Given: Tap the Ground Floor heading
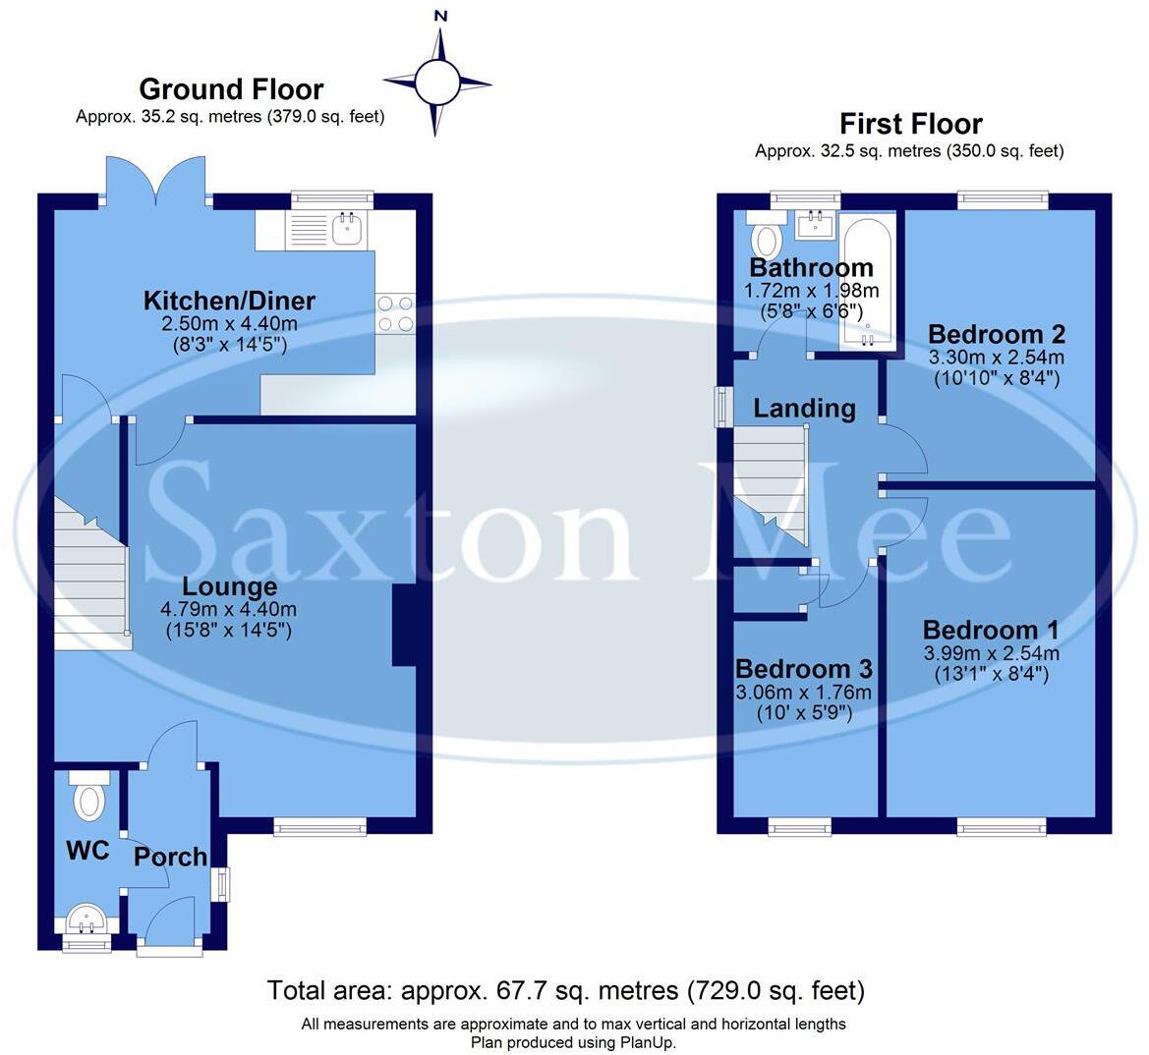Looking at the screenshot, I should pos(231,89).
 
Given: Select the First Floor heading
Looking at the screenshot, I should pos(910,124).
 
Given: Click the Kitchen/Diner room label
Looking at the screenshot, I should pos(229,301).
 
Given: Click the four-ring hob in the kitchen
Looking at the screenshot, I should pos(395,313).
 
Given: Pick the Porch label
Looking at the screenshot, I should pos(170,857).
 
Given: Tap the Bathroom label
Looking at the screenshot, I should pos(811,267).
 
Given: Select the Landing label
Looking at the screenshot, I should pos(804,408).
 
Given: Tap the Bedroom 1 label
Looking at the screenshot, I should pos(991,630).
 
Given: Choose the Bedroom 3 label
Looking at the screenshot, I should pos(804,669).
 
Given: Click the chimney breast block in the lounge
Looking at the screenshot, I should pos(404,626).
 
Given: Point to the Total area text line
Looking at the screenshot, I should pos(566,990).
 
